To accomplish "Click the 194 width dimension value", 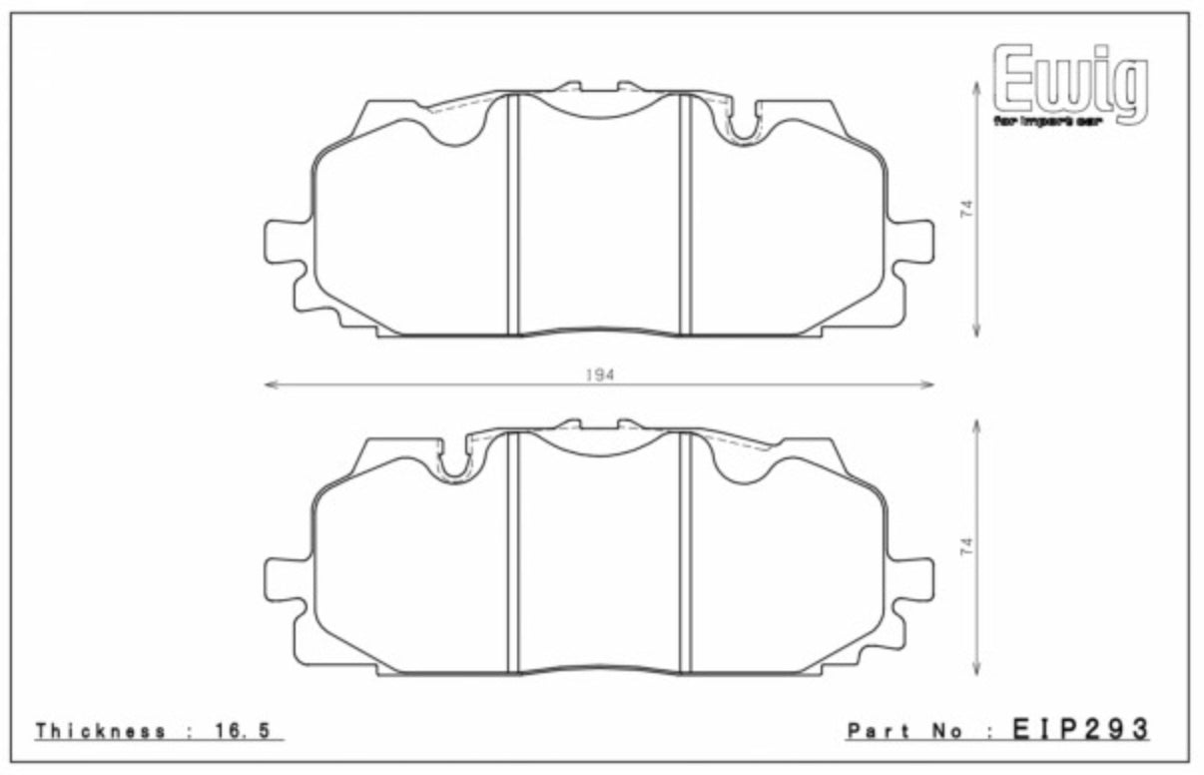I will [599, 374].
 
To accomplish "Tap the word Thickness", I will [101, 731].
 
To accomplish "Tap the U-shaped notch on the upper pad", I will [743, 125].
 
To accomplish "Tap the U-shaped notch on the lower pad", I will [455, 462].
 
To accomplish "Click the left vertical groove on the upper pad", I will [513, 215].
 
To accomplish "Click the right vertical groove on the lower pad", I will [685, 552].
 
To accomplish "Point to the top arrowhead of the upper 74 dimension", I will [976, 87].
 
